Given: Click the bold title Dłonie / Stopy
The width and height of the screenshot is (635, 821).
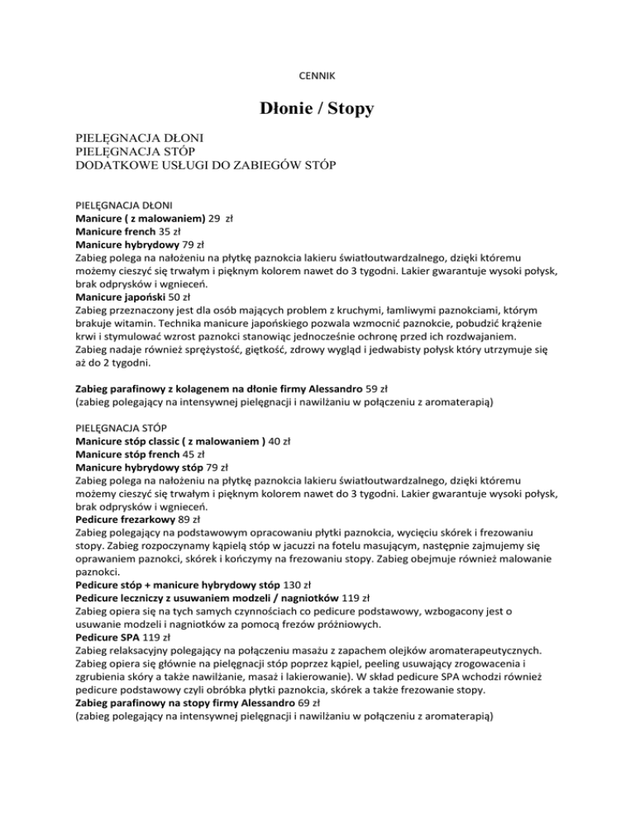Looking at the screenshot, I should [x=317, y=107].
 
